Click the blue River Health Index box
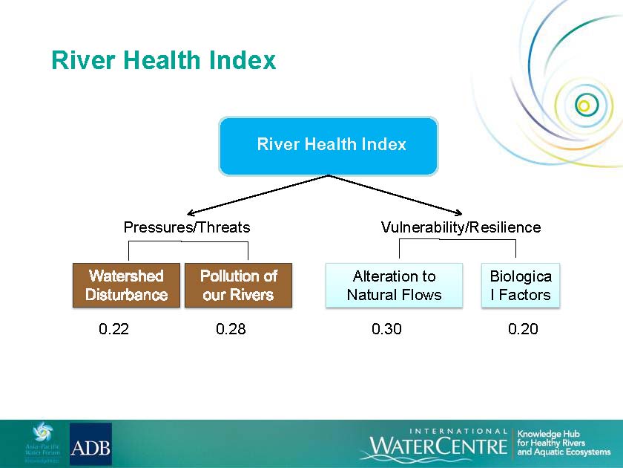[x=328, y=146]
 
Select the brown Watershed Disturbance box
[x=126, y=285]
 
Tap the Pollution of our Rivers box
[x=238, y=285]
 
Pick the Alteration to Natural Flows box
[x=394, y=285]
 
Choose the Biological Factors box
[x=521, y=285]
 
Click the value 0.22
[x=113, y=329]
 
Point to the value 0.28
[x=231, y=329]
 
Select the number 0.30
[x=386, y=329]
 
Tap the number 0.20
[x=523, y=329]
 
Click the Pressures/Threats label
[x=187, y=227]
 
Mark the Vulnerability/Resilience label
[x=461, y=227]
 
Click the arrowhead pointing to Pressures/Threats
[x=190, y=213]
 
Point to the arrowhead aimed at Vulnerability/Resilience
[x=459, y=213]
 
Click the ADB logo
[x=90, y=443]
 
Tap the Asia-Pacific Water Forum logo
[x=42, y=443]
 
